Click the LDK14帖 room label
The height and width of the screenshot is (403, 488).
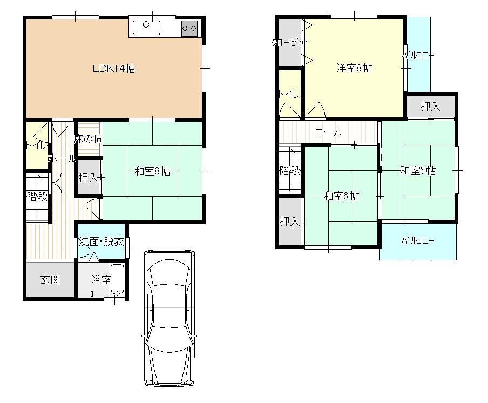pyautogui.click(x=113, y=69)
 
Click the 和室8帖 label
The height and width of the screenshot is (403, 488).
pyautogui.click(x=152, y=171)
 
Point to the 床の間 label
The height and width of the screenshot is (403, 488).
pyautogui.click(x=89, y=138)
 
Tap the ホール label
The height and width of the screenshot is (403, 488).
pyautogui.click(x=62, y=159)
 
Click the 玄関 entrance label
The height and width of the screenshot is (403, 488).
pyautogui.click(x=50, y=280)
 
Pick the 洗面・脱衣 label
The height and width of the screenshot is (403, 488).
pyautogui.click(x=101, y=241)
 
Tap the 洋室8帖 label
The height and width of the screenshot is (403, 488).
pyautogui.click(x=354, y=68)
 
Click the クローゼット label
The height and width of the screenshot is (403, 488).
pyautogui.click(x=290, y=43)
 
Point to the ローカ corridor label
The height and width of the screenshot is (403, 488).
pyautogui.click(x=328, y=132)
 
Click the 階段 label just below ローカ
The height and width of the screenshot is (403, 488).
pyautogui.click(x=289, y=171)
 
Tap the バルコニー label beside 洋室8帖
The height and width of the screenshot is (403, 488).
pyautogui.click(x=418, y=56)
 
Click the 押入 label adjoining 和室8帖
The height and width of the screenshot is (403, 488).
pyautogui.click(x=89, y=177)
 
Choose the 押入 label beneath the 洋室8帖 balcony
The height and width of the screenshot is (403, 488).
pyautogui.click(x=431, y=106)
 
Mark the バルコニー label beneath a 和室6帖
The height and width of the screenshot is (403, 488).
pyautogui.click(x=418, y=241)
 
